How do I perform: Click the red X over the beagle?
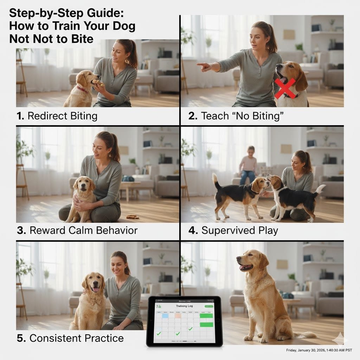285,88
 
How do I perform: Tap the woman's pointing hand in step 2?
204,66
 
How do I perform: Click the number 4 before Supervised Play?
192,231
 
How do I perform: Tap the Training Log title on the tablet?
185,306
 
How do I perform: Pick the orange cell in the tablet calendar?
178,316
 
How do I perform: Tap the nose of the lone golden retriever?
238,259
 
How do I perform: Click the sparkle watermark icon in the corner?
340,339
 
